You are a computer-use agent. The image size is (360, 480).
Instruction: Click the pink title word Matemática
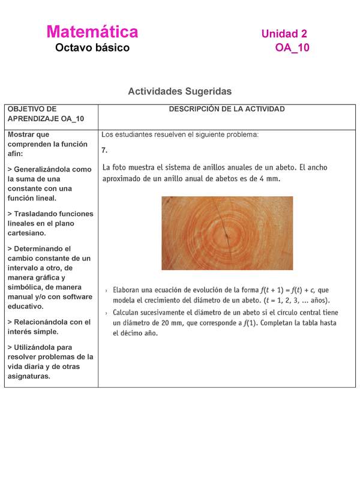tap(92, 32)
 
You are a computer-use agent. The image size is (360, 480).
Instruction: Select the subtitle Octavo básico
tap(92, 47)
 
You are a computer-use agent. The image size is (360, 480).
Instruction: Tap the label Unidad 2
tap(284, 34)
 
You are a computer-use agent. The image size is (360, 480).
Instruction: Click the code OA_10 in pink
tap(292, 48)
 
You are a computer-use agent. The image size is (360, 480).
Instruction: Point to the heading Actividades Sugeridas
tap(179, 91)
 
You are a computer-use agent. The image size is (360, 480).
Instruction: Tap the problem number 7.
tap(104, 150)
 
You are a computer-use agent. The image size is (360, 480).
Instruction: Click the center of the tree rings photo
tap(227, 233)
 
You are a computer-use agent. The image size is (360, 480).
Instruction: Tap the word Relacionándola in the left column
tap(41, 322)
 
